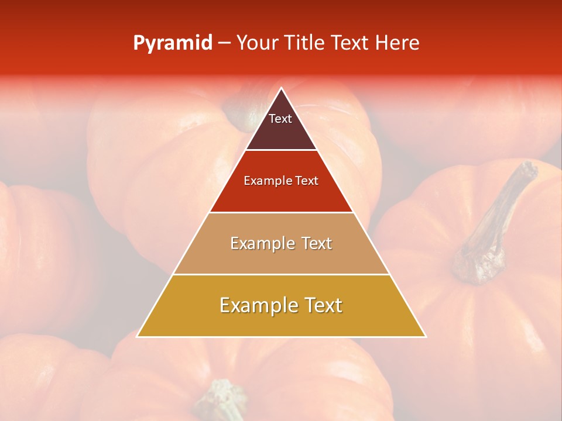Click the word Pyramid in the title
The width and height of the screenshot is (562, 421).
pos(173,43)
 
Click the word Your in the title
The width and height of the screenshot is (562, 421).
pos(255,43)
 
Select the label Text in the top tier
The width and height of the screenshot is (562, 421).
pos(280,119)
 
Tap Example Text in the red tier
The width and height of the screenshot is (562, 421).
pos(281,181)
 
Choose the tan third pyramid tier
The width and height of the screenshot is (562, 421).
pos(281,257)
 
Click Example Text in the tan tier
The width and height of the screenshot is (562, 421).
pos(281,243)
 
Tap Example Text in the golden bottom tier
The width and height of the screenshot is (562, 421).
pos(281,305)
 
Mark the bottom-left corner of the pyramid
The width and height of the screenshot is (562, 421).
pos(138,336)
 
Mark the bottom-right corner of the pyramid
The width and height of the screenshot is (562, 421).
pos(425,336)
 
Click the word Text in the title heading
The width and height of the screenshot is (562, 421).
pos(351,43)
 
